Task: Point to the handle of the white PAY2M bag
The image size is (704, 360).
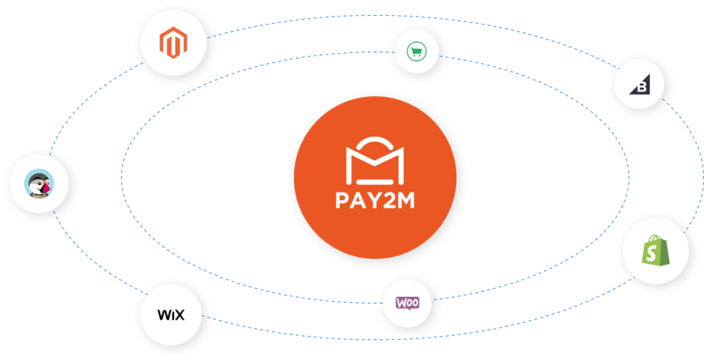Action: click(375, 144)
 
